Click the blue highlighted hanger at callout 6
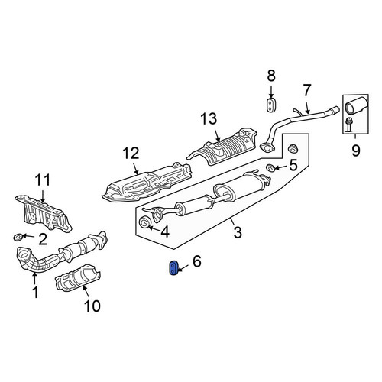coord(173,267)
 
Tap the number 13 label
coord(209,119)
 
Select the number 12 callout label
coord(131,154)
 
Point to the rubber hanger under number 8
coord(271,104)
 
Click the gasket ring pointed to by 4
coord(145,222)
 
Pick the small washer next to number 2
coord(18,238)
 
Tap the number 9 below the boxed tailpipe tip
coord(355,151)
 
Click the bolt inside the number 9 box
coord(348,125)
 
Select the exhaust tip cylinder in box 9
coord(355,105)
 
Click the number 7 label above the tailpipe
coord(307,90)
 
